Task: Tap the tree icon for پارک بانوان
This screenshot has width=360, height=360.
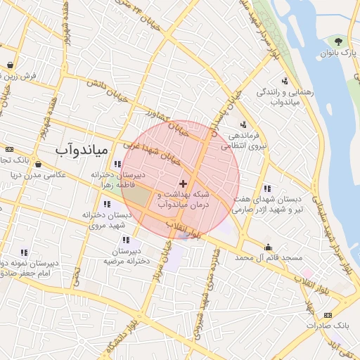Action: click(x=339, y=41)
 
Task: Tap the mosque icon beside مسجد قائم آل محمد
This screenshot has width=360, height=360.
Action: click(x=268, y=247)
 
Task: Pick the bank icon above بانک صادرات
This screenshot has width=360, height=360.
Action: click(x=328, y=315)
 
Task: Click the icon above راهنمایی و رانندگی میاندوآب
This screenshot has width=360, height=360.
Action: click(x=285, y=80)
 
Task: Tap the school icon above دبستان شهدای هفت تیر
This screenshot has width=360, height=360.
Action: click(x=267, y=188)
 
